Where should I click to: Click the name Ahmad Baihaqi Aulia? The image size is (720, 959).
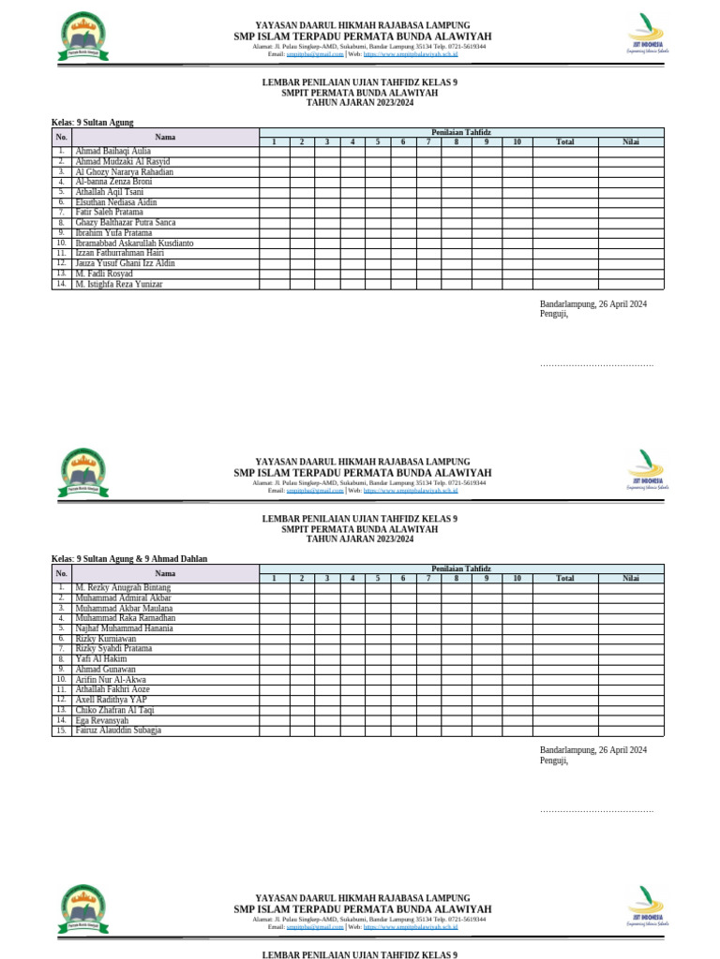(112, 151)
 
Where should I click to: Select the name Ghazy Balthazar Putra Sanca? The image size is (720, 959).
(125, 223)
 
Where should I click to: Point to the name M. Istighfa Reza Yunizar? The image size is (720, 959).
(118, 284)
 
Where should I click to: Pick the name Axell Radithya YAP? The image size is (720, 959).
(111, 700)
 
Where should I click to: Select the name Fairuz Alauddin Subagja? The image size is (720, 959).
(118, 730)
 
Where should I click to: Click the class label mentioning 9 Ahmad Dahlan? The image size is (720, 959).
(129, 559)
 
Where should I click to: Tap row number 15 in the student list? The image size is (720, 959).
(62, 730)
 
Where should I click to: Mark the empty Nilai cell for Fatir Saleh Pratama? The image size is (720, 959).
(631, 213)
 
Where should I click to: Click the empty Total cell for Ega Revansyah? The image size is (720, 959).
(565, 720)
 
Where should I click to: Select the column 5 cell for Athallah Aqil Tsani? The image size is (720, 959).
(378, 192)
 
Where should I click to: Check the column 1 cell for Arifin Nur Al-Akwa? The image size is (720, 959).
(275, 680)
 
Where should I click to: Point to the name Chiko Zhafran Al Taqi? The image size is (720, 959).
(114, 710)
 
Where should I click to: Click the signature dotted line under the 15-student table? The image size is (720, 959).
(596, 809)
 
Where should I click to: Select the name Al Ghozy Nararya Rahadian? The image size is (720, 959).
(124, 172)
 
